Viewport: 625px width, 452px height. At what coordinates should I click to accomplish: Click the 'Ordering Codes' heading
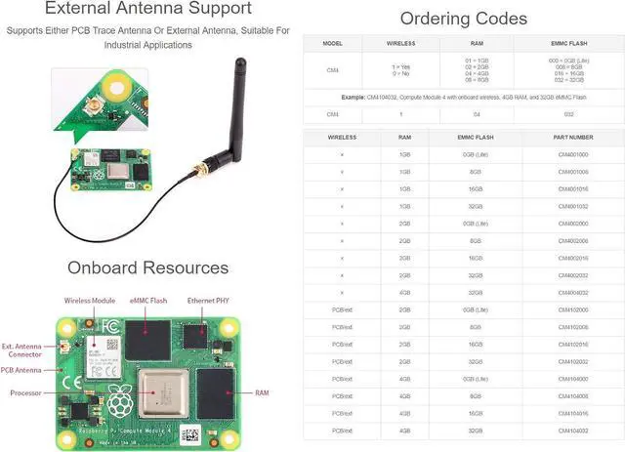point(464,19)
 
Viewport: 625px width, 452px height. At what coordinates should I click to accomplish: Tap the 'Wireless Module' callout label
point(89,300)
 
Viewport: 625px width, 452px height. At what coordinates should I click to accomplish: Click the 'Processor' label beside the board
point(25,392)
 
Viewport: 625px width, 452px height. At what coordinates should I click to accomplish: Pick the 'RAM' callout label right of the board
point(262,392)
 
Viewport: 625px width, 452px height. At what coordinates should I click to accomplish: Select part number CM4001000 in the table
point(573,154)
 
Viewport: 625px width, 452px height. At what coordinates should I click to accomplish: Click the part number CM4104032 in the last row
point(573,430)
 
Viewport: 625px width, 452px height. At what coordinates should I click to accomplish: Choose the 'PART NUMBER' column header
point(573,138)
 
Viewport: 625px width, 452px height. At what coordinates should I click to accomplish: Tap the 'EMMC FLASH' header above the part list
point(478,138)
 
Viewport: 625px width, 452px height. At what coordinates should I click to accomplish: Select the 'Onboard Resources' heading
point(147,267)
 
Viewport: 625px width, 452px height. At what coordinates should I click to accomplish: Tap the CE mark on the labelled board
point(66,384)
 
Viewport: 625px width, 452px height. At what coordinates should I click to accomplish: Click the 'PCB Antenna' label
point(21,370)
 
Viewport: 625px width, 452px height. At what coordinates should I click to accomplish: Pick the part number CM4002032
point(573,275)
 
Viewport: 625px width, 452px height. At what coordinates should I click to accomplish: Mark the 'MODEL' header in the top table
point(332,44)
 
